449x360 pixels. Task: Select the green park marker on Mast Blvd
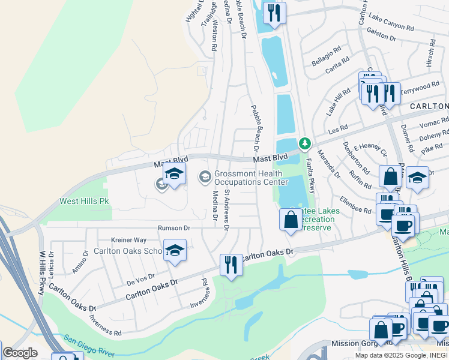305,143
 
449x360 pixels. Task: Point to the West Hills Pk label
83,202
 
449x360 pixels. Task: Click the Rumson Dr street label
174,228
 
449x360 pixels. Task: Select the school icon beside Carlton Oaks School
175,251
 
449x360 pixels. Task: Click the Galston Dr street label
381,35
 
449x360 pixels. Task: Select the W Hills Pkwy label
41,272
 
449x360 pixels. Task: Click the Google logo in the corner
20,353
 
